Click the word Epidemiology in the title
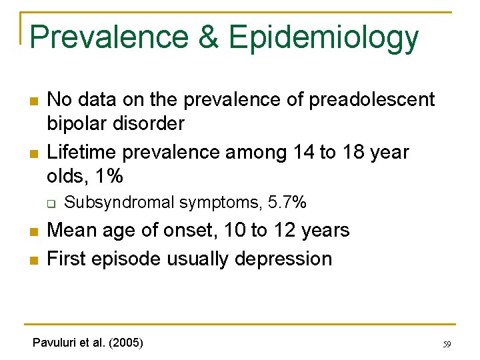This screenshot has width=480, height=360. coord(323,38)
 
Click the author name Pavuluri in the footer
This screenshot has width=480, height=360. coord(54,343)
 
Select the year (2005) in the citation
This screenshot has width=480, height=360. coord(125,343)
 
